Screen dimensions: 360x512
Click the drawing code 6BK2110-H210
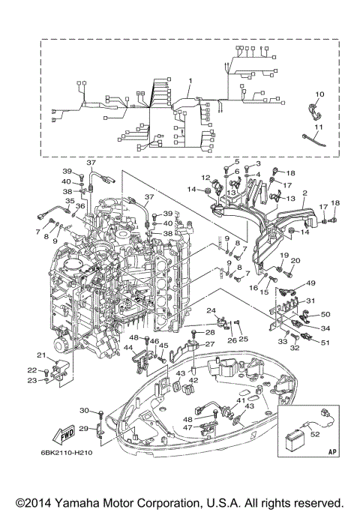[x=67, y=453]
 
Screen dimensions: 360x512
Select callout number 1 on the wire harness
[x=190, y=81]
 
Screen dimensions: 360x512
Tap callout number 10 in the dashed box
[x=319, y=94]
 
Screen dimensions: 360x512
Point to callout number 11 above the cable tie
[x=319, y=127]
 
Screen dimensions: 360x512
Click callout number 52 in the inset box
[x=315, y=434]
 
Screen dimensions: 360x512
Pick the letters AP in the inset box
[x=331, y=452]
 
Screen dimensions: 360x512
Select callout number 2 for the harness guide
[x=304, y=193]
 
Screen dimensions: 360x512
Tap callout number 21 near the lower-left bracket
[x=41, y=355]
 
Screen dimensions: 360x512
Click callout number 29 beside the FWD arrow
[x=84, y=428]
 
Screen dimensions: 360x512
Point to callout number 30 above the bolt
[x=85, y=411]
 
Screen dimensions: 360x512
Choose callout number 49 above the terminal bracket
[x=310, y=283]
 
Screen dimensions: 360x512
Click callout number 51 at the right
[x=325, y=343]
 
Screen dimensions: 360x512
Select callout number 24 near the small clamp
[x=211, y=310]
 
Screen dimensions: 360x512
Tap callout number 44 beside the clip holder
[x=128, y=348]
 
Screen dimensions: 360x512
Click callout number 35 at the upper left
[x=70, y=201]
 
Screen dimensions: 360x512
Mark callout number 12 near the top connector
[x=205, y=178]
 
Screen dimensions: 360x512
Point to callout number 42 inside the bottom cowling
[x=193, y=380]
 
